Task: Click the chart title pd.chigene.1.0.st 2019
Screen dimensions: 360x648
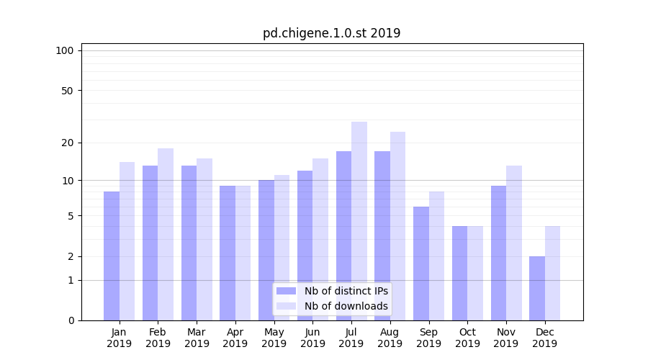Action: pyautogui.click(x=331, y=33)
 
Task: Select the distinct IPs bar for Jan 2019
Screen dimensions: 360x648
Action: pyautogui.click(x=112, y=256)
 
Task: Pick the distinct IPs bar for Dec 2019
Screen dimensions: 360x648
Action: pyautogui.click(x=537, y=288)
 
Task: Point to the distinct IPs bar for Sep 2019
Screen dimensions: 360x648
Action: pyautogui.click(x=421, y=264)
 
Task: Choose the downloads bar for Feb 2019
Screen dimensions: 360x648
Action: pyautogui.click(x=166, y=234)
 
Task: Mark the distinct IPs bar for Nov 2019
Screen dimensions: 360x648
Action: pyautogui.click(x=498, y=253)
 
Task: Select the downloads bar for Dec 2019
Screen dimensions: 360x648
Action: pyautogui.click(x=552, y=273)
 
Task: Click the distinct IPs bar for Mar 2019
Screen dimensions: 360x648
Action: pyautogui.click(x=189, y=243)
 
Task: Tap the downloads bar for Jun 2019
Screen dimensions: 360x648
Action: pyautogui.click(x=320, y=239)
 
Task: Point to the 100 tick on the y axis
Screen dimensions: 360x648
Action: pyautogui.click(x=65, y=50)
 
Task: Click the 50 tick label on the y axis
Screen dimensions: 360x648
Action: pyautogui.click(x=67, y=91)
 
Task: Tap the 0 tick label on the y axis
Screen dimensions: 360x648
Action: pyautogui.click(x=71, y=320)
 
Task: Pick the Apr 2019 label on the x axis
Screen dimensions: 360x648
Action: pyautogui.click(x=235, y=338)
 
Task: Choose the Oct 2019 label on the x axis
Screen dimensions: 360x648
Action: pyautogui.click(x=467, y=338)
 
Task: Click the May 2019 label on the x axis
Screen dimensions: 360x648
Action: pyautogui.click(x=274, y=338)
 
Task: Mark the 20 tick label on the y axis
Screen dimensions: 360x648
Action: pyautogui.click(x=67, y=143)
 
